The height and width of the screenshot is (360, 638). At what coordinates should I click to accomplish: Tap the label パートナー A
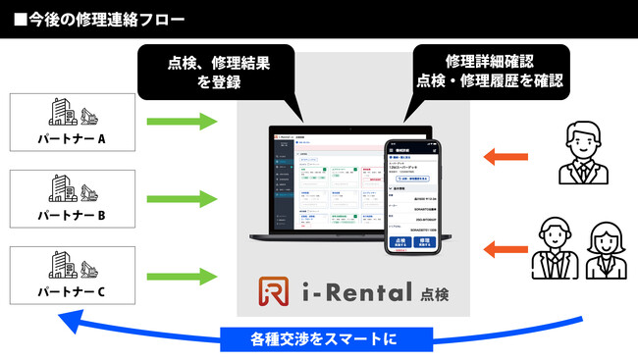[74, 138]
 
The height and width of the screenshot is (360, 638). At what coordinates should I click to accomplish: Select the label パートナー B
[74, 214]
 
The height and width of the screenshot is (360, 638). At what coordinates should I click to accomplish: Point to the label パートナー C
[74, 290]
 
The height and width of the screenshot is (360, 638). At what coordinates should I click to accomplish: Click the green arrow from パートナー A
[181, 122]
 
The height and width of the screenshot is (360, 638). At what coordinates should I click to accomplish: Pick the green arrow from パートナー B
[181, 198]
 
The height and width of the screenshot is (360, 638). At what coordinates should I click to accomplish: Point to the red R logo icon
[273, 293]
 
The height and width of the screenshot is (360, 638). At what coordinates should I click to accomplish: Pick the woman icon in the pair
[607, 249]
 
